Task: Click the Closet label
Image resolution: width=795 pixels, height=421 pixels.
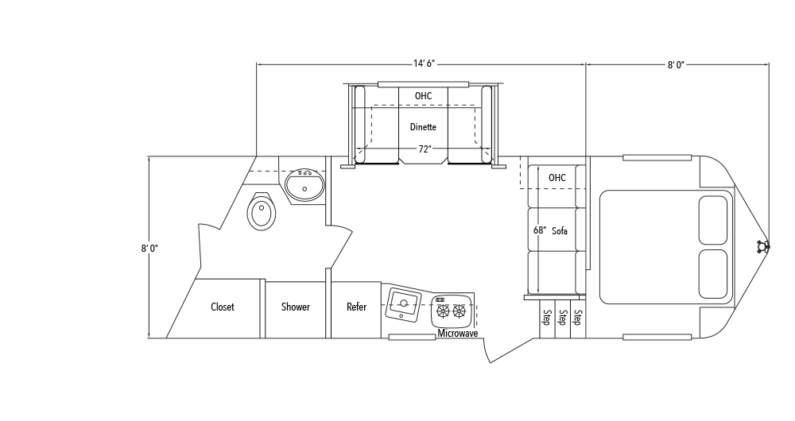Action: (x=222, y=307)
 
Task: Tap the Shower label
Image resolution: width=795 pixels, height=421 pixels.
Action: (x=296, y=307)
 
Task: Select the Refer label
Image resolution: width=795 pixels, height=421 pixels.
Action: (x=356, y=307)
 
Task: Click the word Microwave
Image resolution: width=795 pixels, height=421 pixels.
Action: (x=458, y=334)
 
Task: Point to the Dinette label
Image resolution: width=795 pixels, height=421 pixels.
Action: (x=423, y=126)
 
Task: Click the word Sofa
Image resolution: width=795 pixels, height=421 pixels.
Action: (x=560, y=231)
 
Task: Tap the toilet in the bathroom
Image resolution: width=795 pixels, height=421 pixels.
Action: (x=262, y=212)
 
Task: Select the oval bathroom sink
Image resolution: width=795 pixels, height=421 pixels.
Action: (x=304, y=185)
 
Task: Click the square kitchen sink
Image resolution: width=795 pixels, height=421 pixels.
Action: (x=403, y=304)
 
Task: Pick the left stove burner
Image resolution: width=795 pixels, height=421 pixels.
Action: (x=443, y=311)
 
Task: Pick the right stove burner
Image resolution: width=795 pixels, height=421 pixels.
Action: (x=460, y=311)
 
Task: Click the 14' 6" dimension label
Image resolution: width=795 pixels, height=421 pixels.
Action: (x=424, y=64)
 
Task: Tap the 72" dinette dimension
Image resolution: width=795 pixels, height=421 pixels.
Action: (x=425, y=149)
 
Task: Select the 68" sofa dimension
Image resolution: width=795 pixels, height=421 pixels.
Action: (x=540, y=230)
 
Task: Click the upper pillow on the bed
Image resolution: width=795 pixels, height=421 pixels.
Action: (x=713, y=220)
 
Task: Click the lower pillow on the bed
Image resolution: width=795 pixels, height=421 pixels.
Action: (x=713, y=273)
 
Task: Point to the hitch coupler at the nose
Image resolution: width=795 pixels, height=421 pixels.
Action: (x=762, y=247)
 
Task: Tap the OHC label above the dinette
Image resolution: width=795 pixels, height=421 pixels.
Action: (x=424, y=96)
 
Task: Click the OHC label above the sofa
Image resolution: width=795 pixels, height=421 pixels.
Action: (x=556, y=178)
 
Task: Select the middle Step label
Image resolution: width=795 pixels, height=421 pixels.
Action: (x=562, y=317)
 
